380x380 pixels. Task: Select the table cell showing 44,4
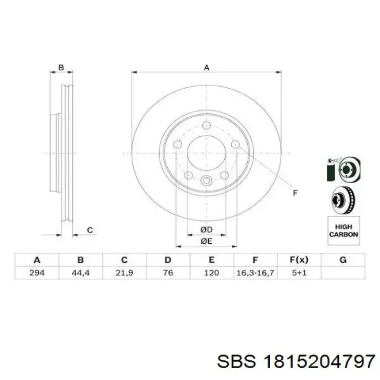80,273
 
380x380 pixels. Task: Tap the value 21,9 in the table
124,273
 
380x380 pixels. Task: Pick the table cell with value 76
167,273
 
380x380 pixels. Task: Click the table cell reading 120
212,273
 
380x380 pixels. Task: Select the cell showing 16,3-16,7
255,273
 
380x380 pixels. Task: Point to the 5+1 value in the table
298,273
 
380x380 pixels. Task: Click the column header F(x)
298,260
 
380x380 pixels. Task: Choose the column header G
343,260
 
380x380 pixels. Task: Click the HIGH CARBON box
343,230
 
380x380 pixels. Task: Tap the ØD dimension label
206,229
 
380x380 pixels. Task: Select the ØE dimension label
206,241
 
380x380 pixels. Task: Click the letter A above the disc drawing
206,67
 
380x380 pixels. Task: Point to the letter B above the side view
61,67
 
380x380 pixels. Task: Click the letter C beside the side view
90,230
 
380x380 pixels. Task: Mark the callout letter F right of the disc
294,193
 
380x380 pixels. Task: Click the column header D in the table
167,260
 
